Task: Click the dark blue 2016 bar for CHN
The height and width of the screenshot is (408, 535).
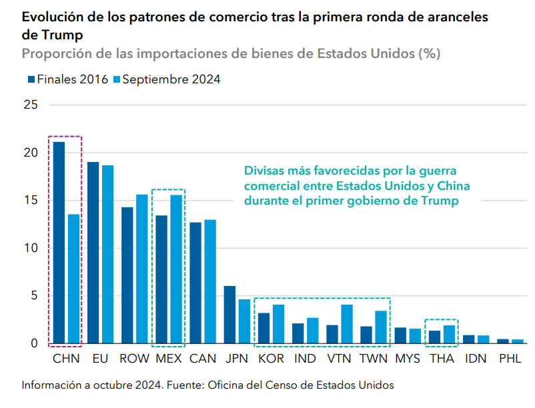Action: point(59,243)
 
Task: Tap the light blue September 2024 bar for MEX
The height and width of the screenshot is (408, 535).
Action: point(176,269)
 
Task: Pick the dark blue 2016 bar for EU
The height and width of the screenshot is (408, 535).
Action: point(93,253)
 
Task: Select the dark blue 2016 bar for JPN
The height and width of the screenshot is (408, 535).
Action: point(229,315)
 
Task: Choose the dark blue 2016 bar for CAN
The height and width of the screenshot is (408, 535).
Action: point(195,283)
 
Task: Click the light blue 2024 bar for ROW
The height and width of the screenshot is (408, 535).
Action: point(142,269)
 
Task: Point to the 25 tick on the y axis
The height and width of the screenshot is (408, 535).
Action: point(30,105)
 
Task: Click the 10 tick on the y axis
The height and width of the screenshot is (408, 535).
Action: point(30,248)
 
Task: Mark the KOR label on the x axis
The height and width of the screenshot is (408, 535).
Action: point(270,359)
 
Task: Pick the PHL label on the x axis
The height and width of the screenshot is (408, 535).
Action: point(510,359)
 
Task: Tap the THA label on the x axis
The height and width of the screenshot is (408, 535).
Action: point(442,359)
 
